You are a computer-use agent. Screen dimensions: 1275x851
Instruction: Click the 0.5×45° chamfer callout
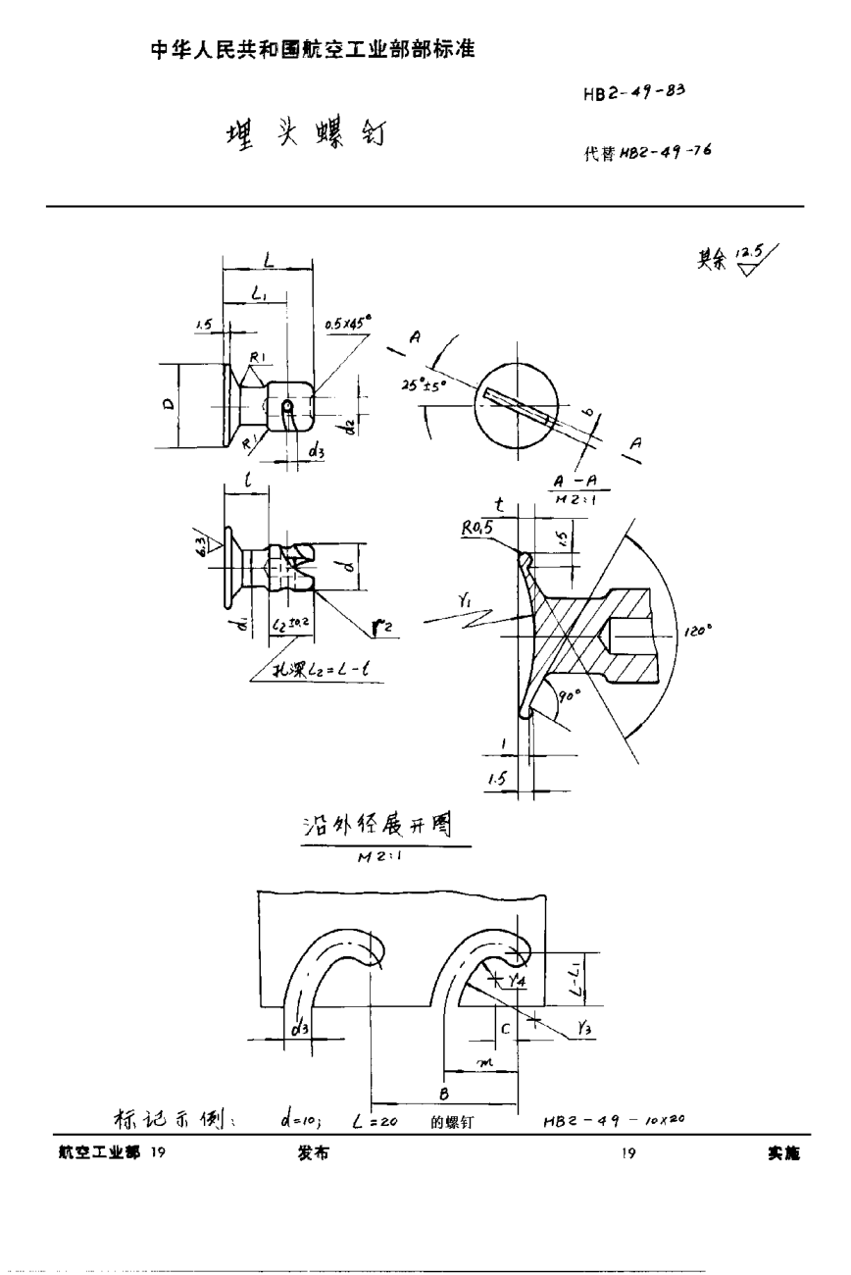(x=349, y=322)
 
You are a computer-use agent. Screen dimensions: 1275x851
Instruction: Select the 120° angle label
(x=697, y=633)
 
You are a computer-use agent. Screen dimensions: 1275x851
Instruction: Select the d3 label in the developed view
(x=300, y=1029)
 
